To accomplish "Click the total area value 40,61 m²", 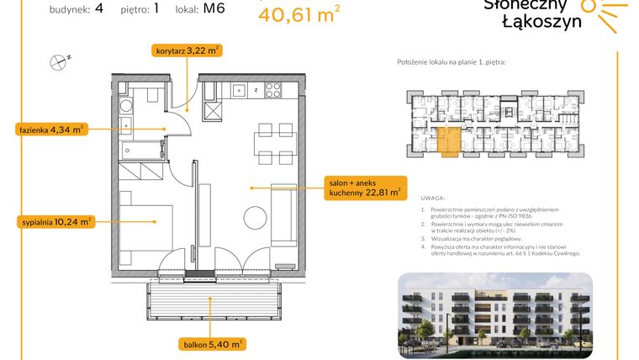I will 298,14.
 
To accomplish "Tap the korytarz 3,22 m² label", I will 187,50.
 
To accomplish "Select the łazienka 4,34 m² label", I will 50,130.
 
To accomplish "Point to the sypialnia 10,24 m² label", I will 55,222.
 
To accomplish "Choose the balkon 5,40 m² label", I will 212,344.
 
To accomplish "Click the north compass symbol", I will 60,60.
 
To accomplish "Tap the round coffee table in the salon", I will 255,214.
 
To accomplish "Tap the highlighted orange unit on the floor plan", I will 448,141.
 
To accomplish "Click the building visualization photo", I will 494,311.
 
